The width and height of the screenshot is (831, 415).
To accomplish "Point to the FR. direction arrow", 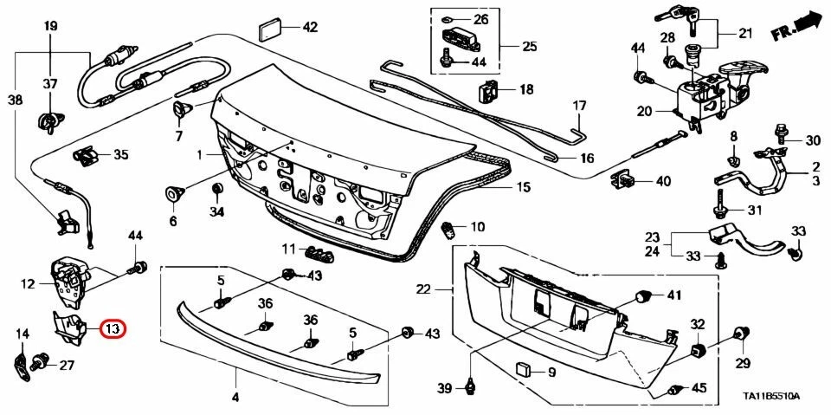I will click(796, 27).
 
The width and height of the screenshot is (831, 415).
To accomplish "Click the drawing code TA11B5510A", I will click(772, 397).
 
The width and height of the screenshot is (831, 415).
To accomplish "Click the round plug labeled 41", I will click(643, 296).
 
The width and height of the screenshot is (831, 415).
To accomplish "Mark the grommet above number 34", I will click(216, 189).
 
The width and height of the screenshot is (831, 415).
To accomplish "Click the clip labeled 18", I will click(488, 88).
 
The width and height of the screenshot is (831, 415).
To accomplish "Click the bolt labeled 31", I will click(720, 211).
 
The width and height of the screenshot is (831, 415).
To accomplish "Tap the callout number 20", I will click(643, 111).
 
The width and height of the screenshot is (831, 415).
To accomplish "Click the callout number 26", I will click(480, 19).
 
